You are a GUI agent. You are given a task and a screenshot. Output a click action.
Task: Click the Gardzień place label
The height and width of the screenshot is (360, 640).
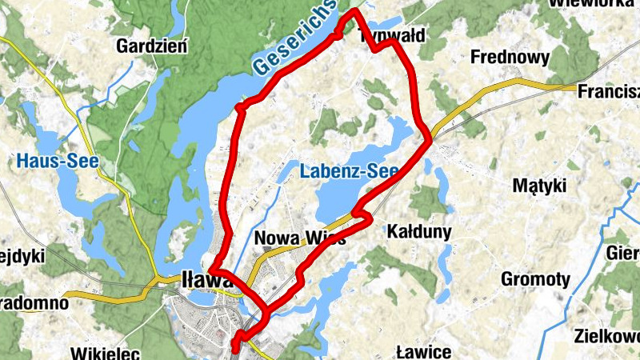point(151,46)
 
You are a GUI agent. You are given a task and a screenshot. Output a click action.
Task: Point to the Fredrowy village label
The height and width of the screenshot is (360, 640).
point(510,58)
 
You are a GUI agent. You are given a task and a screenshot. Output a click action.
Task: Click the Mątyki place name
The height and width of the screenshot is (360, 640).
point(538,186)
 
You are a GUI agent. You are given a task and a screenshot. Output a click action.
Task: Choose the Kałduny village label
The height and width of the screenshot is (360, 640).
point(418,232)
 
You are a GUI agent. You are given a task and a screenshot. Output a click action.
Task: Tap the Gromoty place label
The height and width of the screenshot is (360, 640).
point(535,279)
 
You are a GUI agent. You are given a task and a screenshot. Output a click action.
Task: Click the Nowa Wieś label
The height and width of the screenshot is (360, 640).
point(299,238)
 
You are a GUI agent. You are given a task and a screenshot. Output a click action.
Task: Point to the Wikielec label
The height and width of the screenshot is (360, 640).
point(106,352)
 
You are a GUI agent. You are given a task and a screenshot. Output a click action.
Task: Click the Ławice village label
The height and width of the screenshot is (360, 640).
point(424,352)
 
